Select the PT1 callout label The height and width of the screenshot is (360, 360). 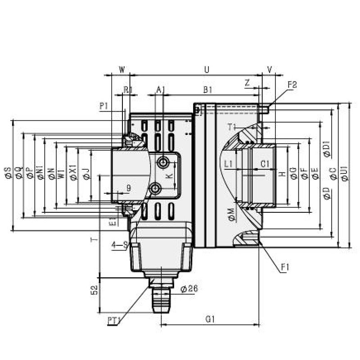click(114, 320)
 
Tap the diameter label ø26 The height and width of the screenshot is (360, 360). click(189, 289)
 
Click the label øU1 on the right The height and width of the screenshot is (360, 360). click(345, 174)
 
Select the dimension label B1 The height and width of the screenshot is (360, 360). click(207, 90)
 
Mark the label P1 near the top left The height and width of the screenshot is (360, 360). click(104, 106)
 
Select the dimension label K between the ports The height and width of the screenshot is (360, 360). click(169, 175)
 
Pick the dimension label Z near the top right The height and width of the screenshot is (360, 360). click(247, 82)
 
